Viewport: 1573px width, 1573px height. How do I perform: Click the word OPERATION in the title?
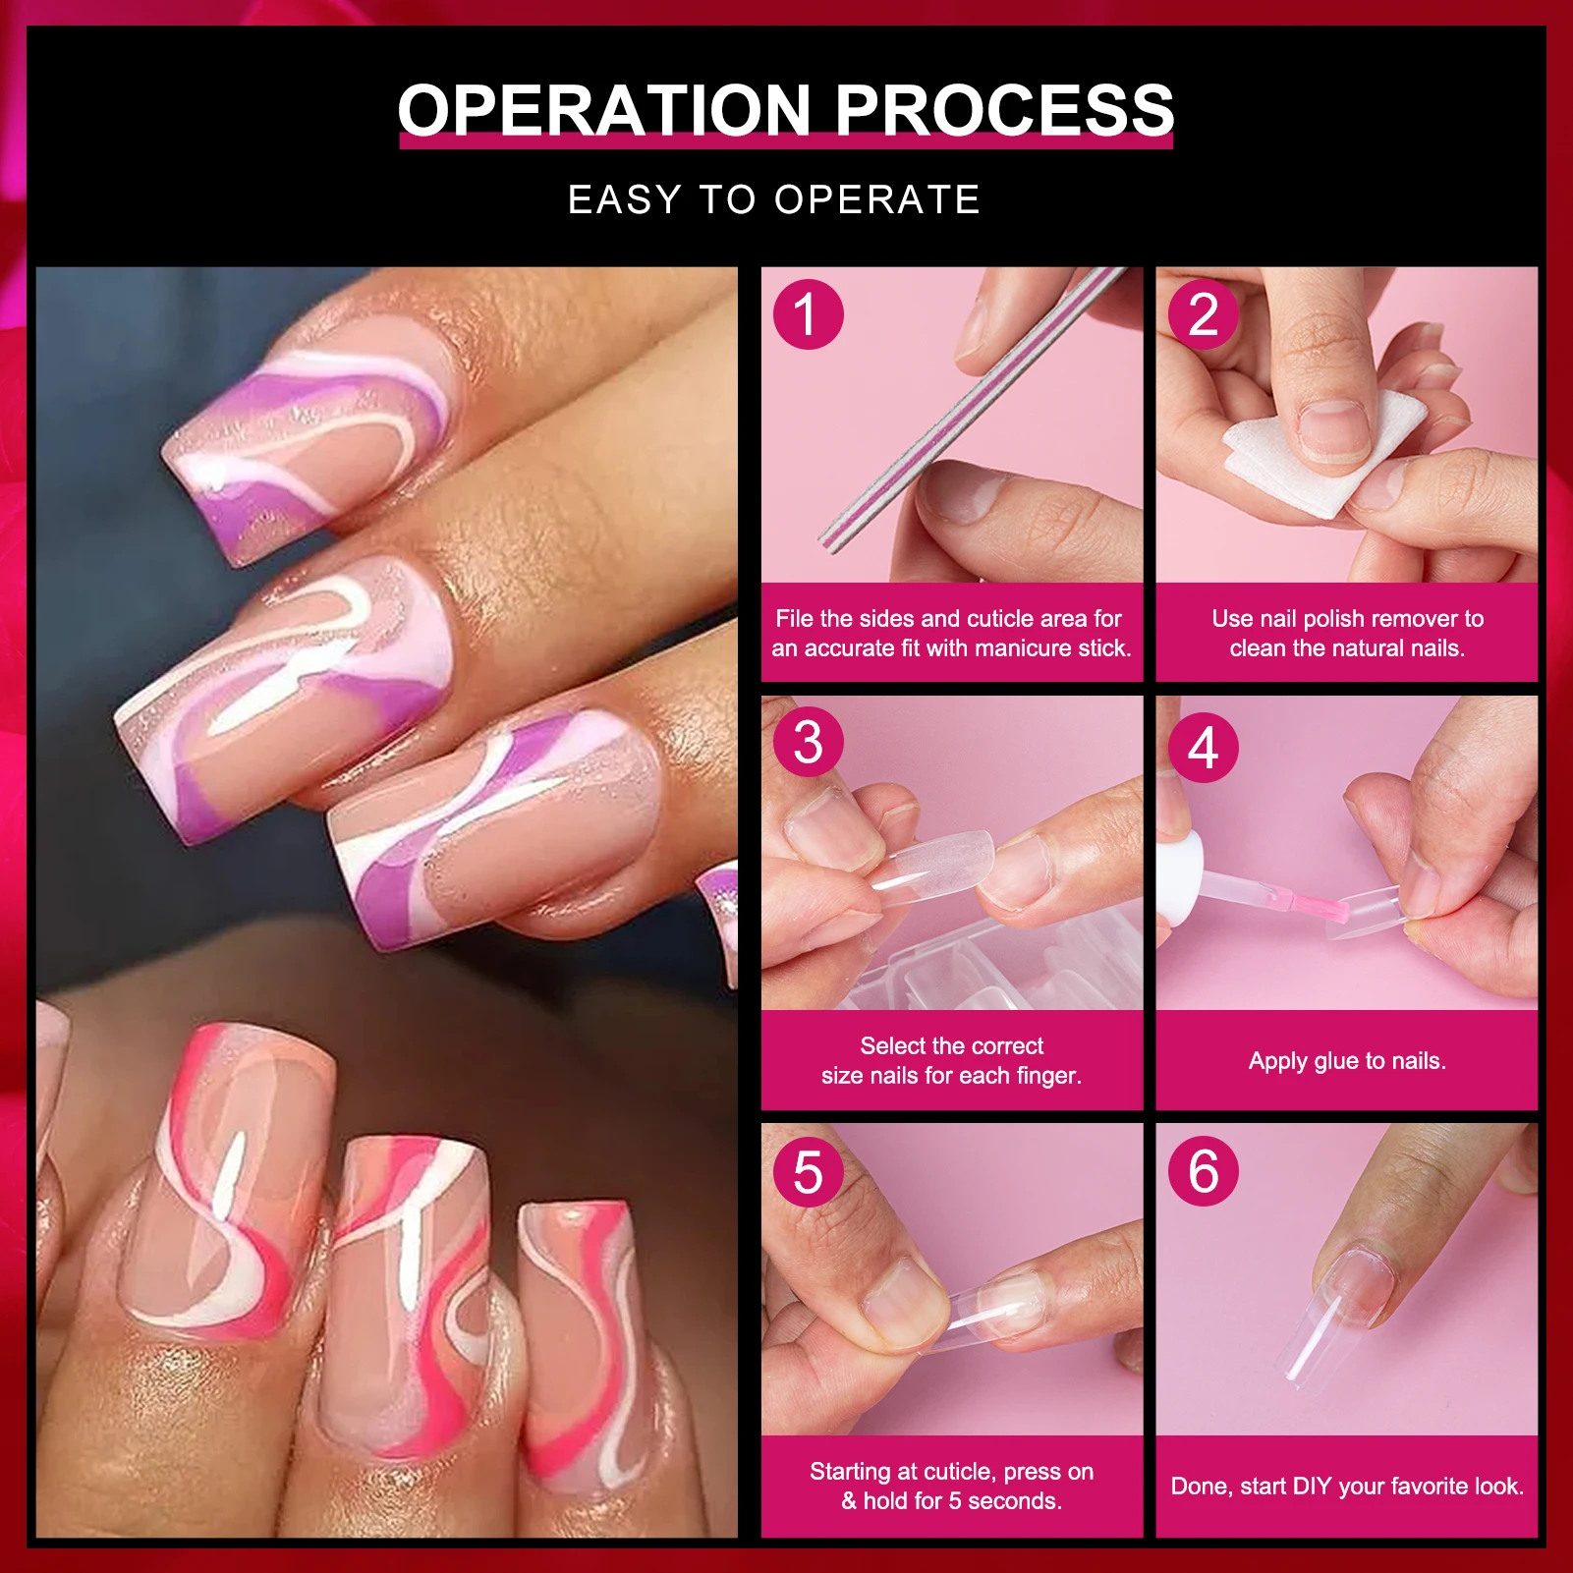604,109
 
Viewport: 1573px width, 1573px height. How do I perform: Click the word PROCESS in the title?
1004,109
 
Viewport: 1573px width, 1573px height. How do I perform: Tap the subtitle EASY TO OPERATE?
774,199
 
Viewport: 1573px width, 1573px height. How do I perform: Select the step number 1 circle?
808,314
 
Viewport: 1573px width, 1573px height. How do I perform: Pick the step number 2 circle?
1203,314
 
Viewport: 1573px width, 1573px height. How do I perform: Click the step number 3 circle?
808,742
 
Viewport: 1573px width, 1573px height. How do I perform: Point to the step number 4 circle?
1203,748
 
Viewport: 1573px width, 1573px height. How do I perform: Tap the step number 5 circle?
808,1171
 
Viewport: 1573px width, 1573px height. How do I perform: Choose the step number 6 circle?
1203,1171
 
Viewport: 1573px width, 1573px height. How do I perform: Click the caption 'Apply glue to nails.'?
1347,1061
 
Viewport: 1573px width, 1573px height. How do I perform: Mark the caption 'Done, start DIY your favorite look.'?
1347,1486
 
